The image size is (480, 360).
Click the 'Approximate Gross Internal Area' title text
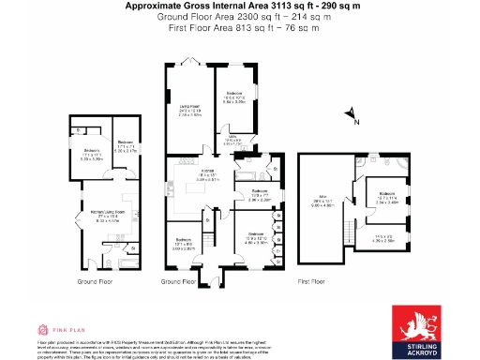pos(239,6)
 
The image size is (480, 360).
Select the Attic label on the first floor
pos(321,200)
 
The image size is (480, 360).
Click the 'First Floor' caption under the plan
pos(312,280)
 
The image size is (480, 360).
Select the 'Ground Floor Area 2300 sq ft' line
pos(239,17)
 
